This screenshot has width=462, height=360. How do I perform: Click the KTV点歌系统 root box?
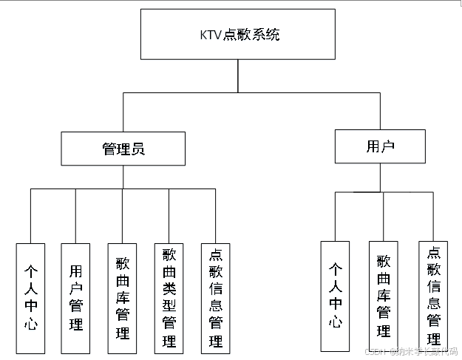pyautogui.click(x=237, y=35)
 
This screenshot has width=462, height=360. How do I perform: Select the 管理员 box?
pyautogui.click(x=123, y=149)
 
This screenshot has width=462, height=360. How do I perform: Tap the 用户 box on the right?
pyautogui.click(x=380, y=146)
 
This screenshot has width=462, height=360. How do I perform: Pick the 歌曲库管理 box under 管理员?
pyautogui.click(x=122, y=298)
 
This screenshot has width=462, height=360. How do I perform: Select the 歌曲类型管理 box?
pyautogui.click(x=169, y=298)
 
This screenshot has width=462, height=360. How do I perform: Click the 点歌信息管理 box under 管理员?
pyautogui.click(x=215, y=298)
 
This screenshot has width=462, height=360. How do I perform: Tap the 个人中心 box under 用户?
pyautogui.click(x=335, y=296)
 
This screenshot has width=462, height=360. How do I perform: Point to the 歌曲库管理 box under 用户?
pyautogui.click(x=383, y=296)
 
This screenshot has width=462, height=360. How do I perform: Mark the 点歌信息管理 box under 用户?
pyautogui.click(x=433, y=296)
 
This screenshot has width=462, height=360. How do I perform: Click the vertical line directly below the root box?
pyautogui.click(x=237, y=75)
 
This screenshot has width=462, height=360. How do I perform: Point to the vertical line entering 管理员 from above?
pyautogui.click(x=123, y=112)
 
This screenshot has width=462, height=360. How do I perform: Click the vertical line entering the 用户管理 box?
pyautogui.click(x=75, y=216)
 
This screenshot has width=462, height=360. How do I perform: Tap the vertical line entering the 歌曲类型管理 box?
pyautogui.click(x=169, y=216)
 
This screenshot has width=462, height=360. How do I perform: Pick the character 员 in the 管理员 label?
pyautogui.click(x=137, y=149)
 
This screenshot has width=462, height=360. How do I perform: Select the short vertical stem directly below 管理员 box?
pyautogui.click(x=123, y=177)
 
